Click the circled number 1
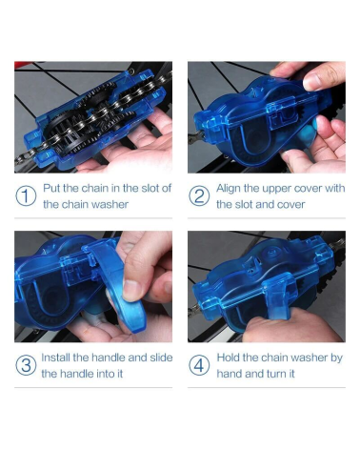coord(26,196)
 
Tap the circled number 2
coord(199,196)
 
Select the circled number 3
coord(26,365)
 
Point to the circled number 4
coord(199,365)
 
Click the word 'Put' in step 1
coord(51,188)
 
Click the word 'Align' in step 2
coord(229,189)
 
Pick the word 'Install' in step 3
coord(56,358)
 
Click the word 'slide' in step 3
coord(161,358)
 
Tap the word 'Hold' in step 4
coord(229,358)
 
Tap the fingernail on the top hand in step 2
coord(313,82)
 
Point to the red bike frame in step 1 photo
coord(23,64)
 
